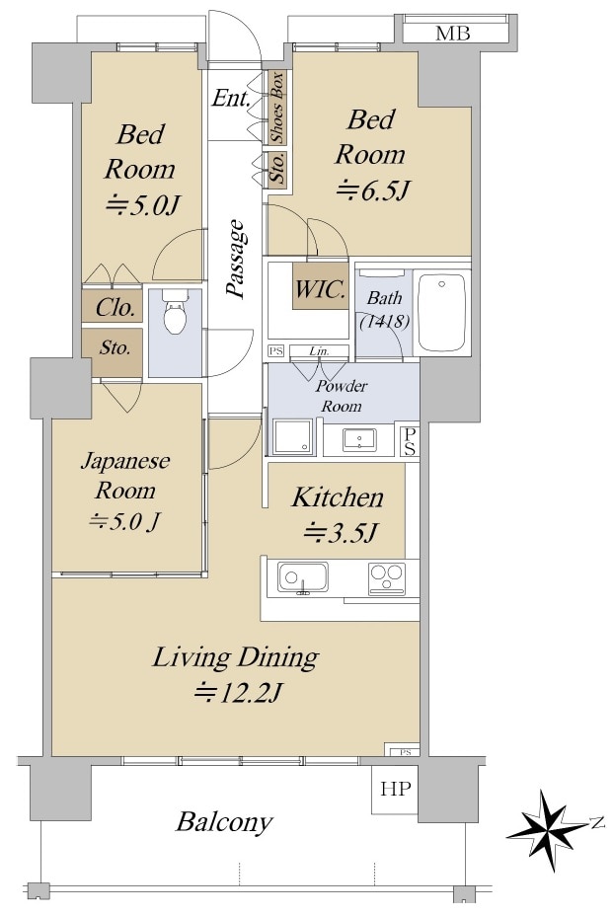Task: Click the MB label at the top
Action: click(x=452, y=34)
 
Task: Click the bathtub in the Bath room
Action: click(x=441, y=312)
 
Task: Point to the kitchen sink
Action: click(x=303, y=577)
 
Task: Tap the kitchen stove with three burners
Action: click(x=386, y=577)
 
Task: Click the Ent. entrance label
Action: click(x=232, y=99)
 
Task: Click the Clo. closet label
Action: click(x=115, y=308)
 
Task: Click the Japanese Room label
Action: click(x=125, y=476)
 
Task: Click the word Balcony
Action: click(x=225, y=821)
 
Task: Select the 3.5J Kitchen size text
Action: click(x=340, y=534)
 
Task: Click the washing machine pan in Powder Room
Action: click(x=292, y=435)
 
